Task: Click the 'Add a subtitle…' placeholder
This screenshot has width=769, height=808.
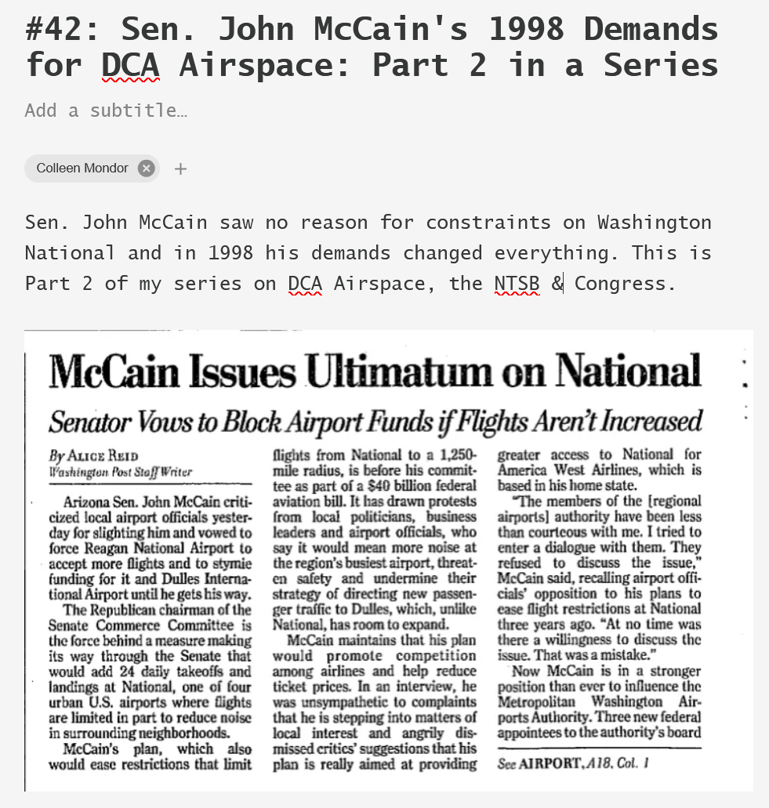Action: (x=106, y=111)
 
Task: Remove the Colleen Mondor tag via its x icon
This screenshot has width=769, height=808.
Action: (x=146, y=168)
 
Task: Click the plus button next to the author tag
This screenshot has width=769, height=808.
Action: (x=180, y=168)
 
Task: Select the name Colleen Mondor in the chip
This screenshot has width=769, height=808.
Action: (x=82, y=168)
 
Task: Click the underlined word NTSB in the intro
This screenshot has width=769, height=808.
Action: (x=517, y=283)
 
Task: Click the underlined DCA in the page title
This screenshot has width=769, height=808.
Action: (x=130, y=65)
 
